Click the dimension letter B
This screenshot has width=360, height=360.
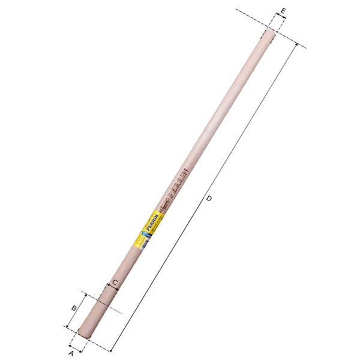pos(74,308)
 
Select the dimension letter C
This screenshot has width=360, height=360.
pos(114,281)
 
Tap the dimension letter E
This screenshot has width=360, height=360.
pos(283,10)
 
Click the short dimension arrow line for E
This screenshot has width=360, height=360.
pos(277,19)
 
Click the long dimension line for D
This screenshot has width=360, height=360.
pos(204,198)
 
